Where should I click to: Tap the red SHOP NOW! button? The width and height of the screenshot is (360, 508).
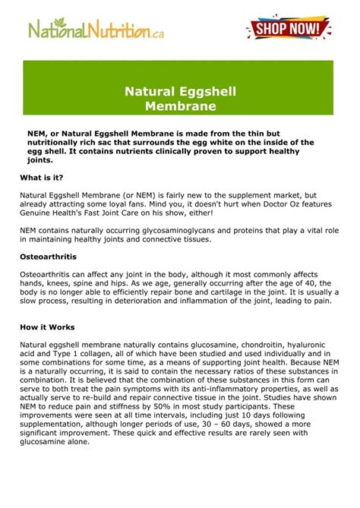289,30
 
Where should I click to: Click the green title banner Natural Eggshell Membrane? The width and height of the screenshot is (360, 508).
180,99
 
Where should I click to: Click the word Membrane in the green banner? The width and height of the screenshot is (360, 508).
180,106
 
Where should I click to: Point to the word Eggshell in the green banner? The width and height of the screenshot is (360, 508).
200,92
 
